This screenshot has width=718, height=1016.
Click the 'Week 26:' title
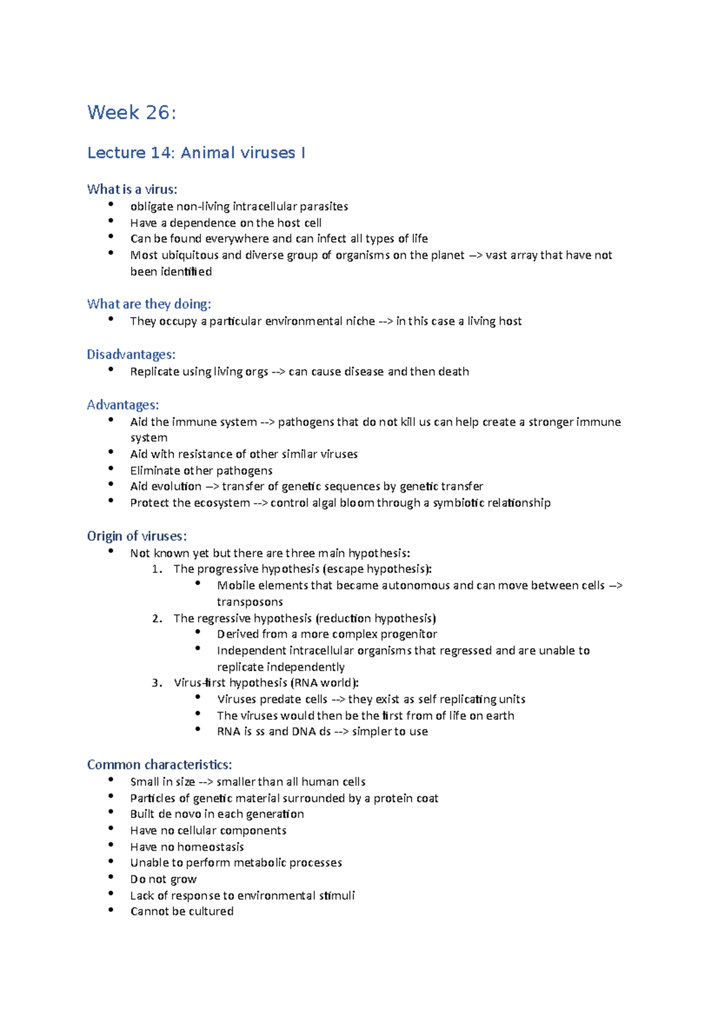[132, 112]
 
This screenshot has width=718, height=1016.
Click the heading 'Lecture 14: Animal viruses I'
[196, 153]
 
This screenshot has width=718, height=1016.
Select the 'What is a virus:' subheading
[132, 190]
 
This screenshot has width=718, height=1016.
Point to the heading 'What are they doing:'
[148, 304]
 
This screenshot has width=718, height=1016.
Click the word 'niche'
[360, 321]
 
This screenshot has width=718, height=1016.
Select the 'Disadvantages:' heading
[130, 355]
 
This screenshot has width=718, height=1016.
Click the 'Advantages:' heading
[123, 405]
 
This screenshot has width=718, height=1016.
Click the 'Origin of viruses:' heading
[136, 536]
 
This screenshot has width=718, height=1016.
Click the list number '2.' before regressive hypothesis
[157, 619]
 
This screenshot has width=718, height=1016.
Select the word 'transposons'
[250, 603]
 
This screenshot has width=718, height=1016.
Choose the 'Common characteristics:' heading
[159, 765]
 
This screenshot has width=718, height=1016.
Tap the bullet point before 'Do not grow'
[111, 877]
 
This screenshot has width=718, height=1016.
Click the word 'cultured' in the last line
[211, 912]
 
